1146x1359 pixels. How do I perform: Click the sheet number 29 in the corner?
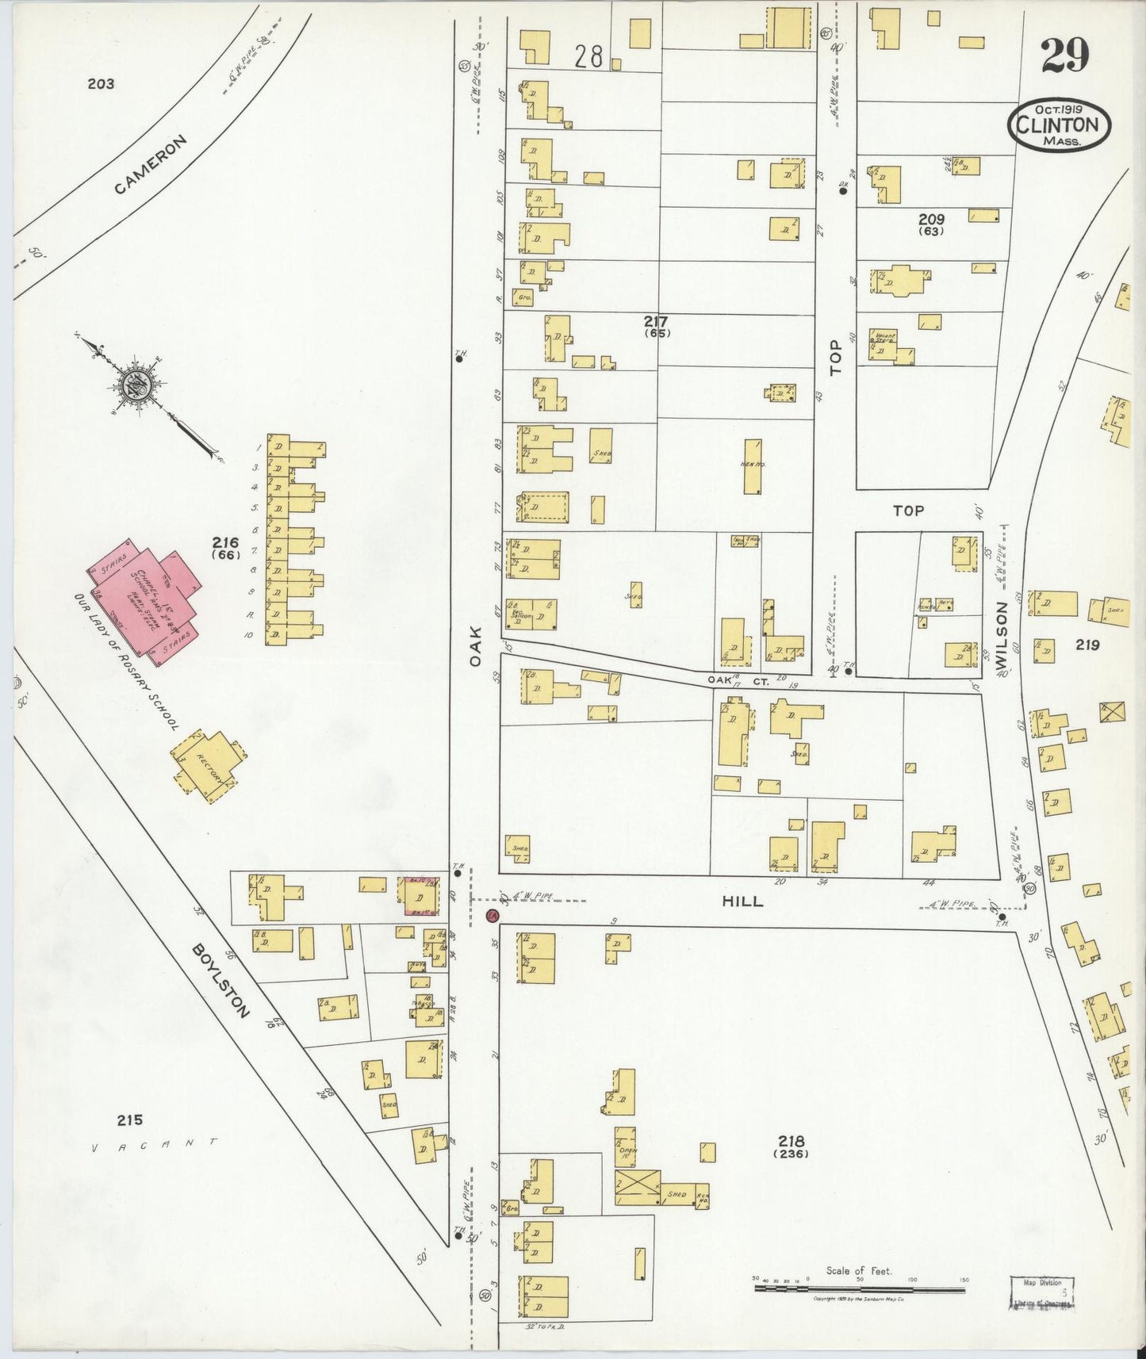point(1064,55)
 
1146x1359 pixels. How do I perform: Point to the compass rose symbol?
point(131,389)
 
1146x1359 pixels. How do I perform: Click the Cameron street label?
point(151,165)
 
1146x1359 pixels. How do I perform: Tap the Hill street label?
point(742,902)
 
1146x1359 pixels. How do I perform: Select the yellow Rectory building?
point(208,765)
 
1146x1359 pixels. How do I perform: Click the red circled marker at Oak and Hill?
point(491,917)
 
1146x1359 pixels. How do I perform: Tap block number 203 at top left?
point(101,83)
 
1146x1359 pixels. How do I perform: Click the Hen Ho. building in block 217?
point(752,467)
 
